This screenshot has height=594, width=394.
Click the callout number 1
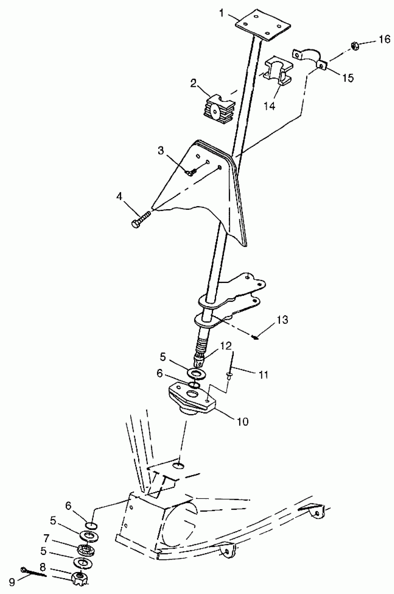222,13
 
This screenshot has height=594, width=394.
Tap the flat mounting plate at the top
263,25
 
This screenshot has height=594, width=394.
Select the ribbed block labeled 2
218,110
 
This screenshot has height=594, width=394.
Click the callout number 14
269,106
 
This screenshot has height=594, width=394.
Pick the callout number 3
161,150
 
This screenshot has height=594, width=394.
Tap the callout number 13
283,320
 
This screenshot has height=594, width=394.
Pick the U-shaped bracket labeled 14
278,70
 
